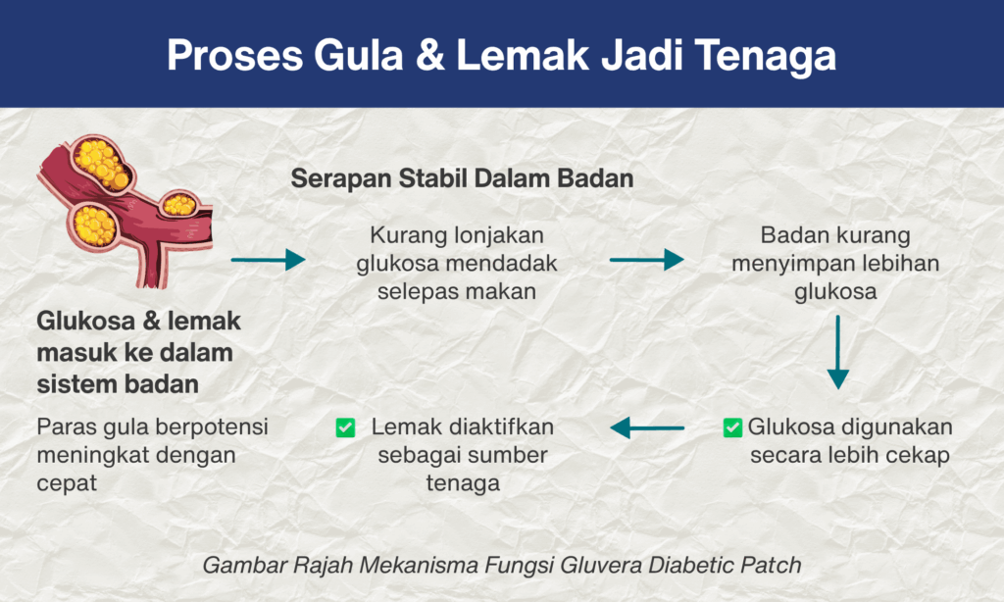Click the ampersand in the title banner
[x=430, y=55]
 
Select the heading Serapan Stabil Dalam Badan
[x=463, y=178]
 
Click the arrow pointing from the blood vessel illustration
[x=269, y=260]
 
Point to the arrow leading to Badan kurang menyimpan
[x=647, y=260]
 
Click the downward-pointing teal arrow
[x=837, y=352]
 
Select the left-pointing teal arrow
[x=647, y=427]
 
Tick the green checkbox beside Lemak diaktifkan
[x=346, y=427]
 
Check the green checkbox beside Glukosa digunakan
[x=732, y=427]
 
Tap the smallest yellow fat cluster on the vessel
[x=179, y=204]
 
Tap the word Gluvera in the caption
[x=601, y=566]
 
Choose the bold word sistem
[x=75, y=384]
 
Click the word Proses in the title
[x=235, y=56]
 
